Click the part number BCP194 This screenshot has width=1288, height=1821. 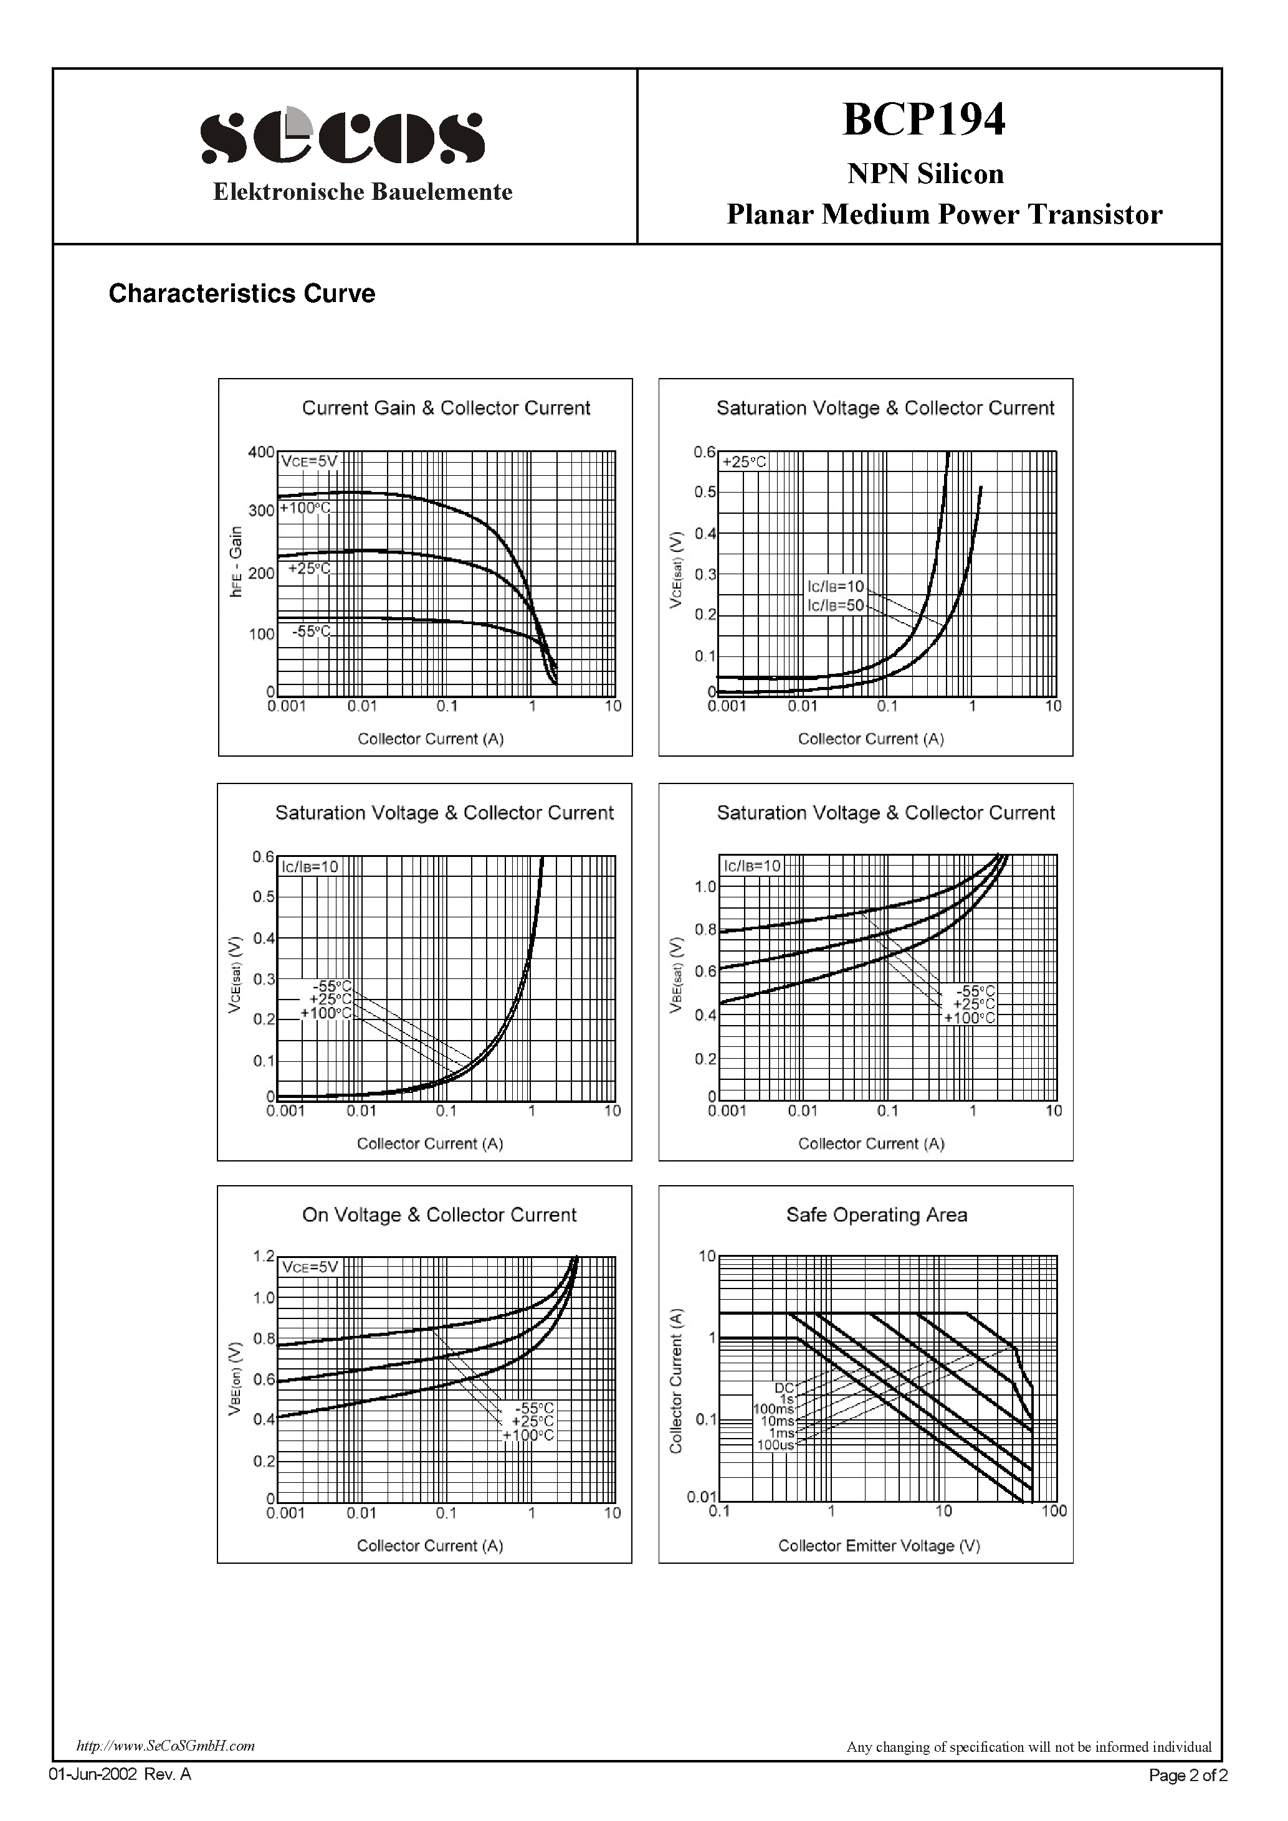point(923,120)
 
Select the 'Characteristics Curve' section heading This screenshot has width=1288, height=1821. point(241,293)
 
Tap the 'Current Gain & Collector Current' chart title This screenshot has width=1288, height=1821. point(446,408)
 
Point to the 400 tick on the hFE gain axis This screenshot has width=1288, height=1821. point(261,452)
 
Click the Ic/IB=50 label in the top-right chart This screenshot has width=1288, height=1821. point(835,605)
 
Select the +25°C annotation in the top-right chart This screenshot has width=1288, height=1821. point(745,461)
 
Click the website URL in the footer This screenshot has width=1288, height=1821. point(165,1746)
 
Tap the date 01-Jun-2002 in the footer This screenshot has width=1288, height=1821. point(93,1774)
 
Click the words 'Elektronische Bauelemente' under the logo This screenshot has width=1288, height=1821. point(363,192)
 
